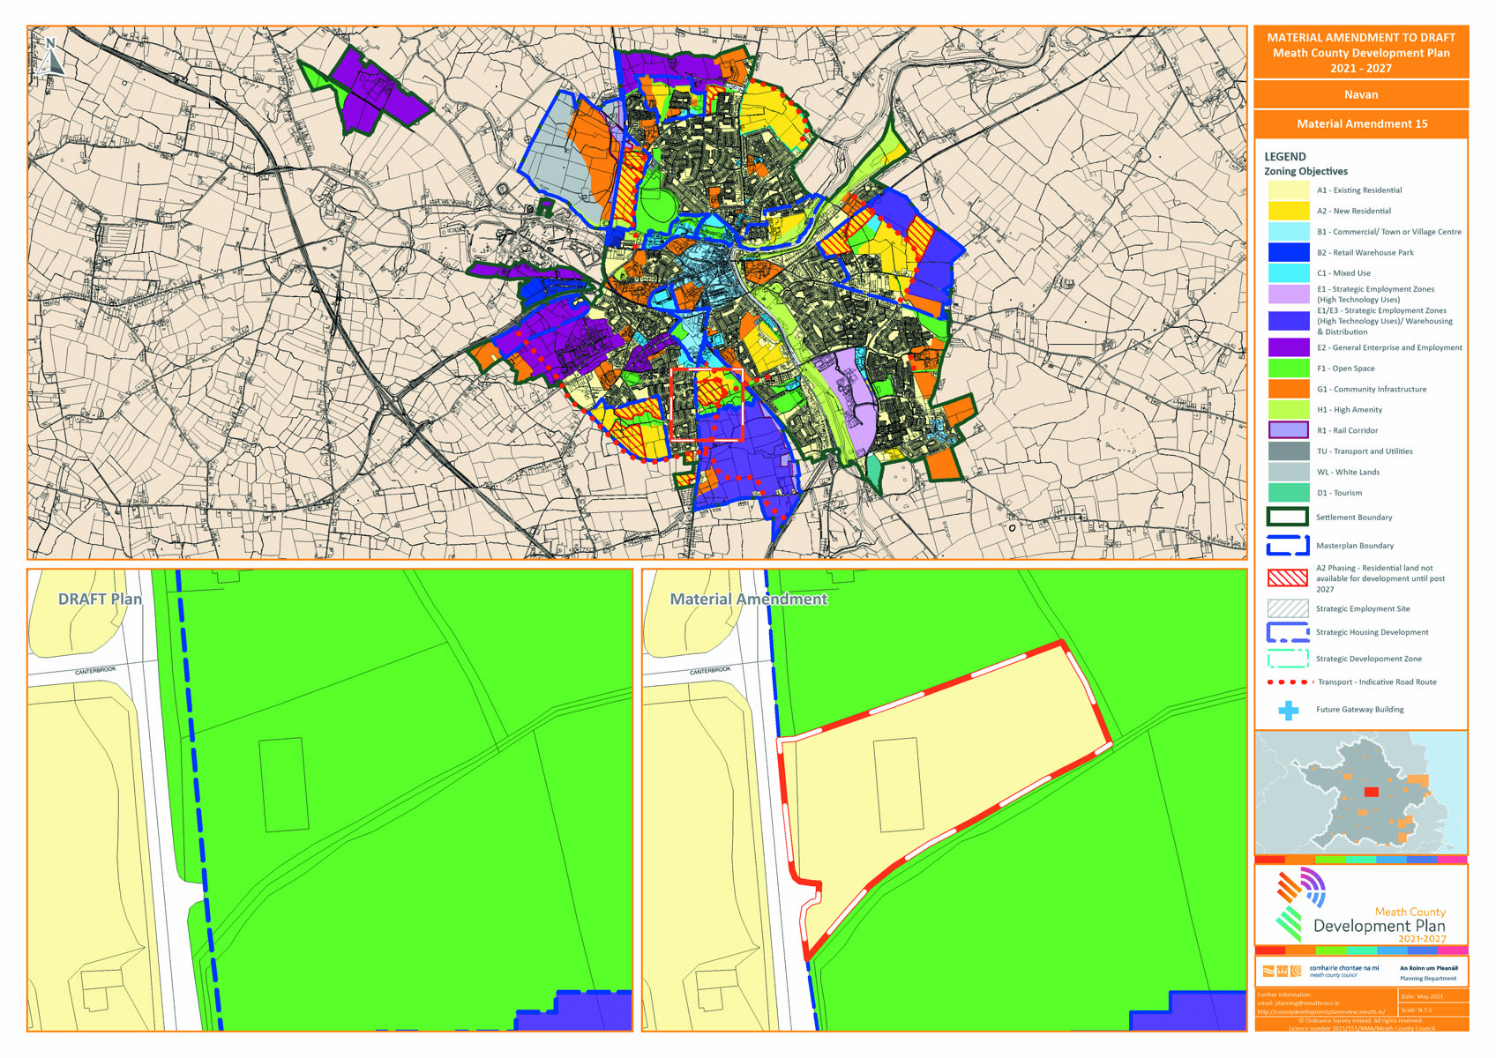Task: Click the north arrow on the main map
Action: (x=51, y=56)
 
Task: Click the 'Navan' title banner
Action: (x=1360, y=94)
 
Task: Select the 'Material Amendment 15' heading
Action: (x=1361, y=124)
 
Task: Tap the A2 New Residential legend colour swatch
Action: (x=1288, y=212)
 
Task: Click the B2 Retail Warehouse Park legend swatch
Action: (x=1288, y=253)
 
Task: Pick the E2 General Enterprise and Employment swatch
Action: (x=1288, y=347)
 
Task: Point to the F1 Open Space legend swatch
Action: (x=1288, y=369)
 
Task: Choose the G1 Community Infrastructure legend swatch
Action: (x=1288, y=389)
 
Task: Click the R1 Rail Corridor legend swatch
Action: (x=1288, y=430)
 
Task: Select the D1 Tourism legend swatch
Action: (x=1288, y=493)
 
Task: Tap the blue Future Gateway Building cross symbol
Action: (x=1289, y=710)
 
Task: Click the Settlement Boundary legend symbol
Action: (x=1287, y=518)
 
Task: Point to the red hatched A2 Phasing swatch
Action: (x=1287, y=578)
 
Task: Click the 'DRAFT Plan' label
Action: (x=100, y=600)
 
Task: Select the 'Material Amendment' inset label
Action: (x=748, y=600)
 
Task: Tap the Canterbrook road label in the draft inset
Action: (x=95, y=671)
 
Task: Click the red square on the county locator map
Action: (x=1371, y=793)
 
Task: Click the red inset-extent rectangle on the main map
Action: (x=707, y=405)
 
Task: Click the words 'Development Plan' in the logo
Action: (x=1379, y=927)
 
